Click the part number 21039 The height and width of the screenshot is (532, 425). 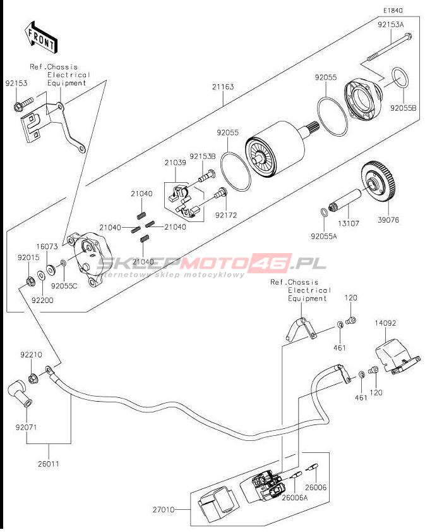click(x=176, y=163)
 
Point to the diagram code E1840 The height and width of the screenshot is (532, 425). click(x=392, y=11)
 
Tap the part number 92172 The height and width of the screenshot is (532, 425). click(x=225, y=214)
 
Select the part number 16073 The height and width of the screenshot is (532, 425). click(x=47, y=246)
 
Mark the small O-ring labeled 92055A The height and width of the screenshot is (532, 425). click(x=323, y=211)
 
